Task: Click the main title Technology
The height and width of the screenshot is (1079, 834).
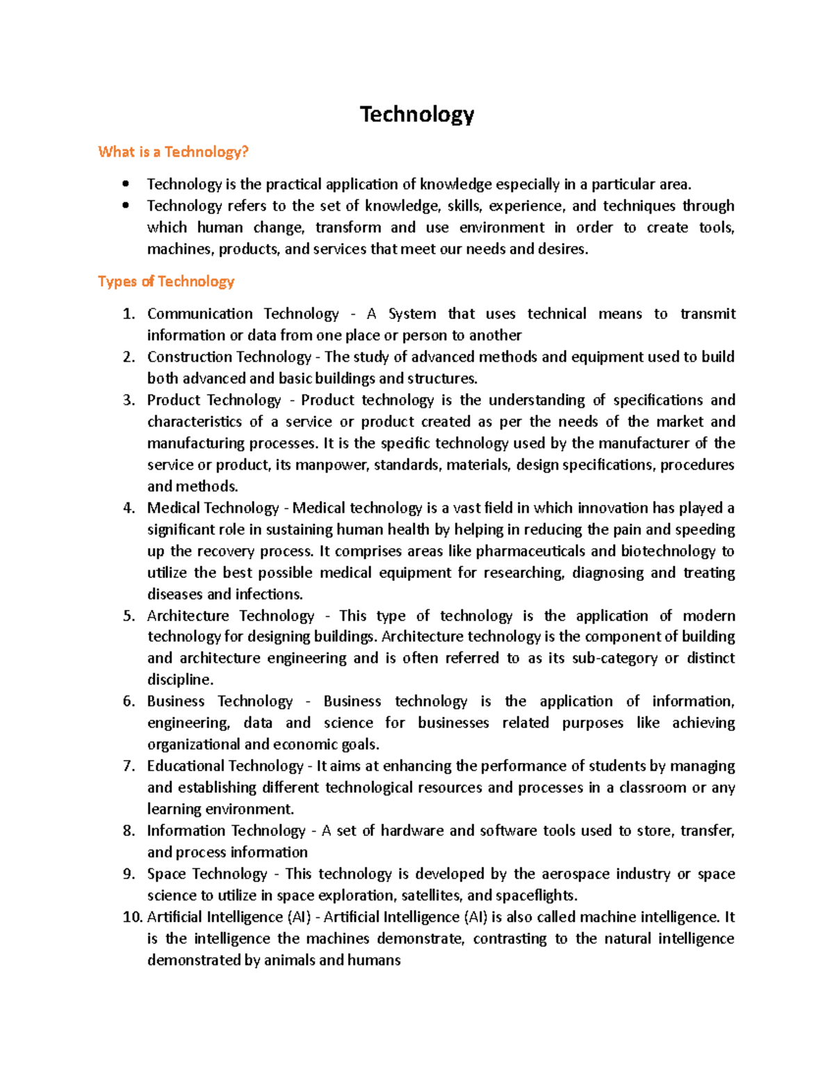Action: coord(417,115)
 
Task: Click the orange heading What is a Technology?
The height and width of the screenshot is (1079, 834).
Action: coord(173,152)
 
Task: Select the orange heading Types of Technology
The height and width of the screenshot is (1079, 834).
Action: coord(166,281)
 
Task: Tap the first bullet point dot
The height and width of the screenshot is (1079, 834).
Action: coord(125,184)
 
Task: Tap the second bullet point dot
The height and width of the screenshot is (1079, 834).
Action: coord(125,206)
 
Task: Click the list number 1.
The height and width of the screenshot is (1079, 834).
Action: coord(129,314)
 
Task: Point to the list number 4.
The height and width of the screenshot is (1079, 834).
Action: coord(129,508)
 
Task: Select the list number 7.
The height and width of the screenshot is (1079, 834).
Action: coord(129,766)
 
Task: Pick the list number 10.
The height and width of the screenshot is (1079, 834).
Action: coord(132,917)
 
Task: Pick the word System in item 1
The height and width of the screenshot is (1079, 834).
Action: coord(412,314)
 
